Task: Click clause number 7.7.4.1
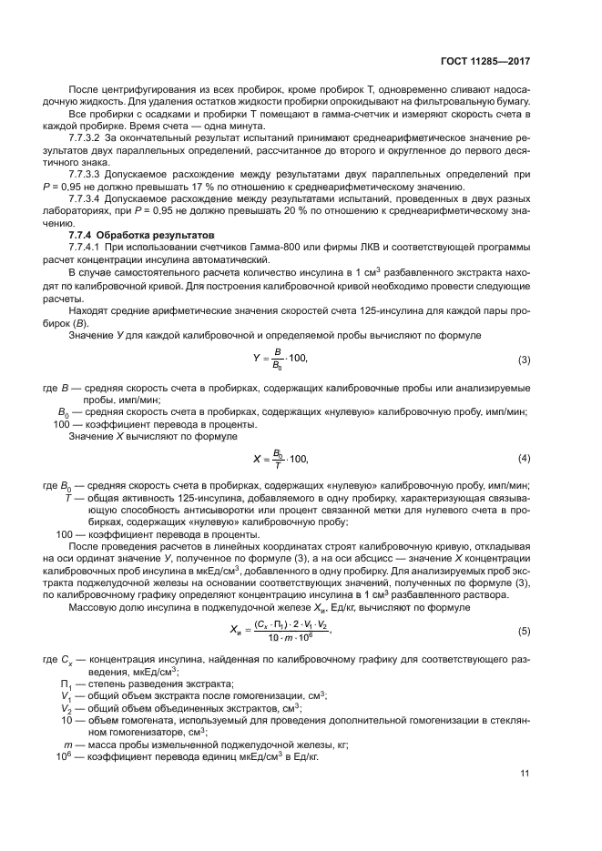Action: point(87,248)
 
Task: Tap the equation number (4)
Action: point(524,457)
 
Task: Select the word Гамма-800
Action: point(242,248)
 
